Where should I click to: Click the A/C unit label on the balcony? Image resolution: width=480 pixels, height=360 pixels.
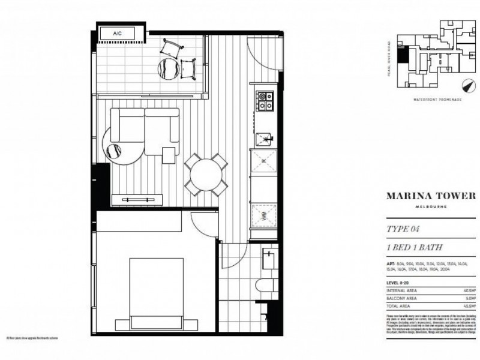[116, 34]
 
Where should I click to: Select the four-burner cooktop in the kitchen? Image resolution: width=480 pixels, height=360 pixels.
[265, 101]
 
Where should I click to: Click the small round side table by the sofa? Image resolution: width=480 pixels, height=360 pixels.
[114, 152]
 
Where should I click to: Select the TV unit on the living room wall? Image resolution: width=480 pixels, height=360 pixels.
[138, 199]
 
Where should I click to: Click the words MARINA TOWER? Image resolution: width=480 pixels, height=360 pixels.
[430, 196]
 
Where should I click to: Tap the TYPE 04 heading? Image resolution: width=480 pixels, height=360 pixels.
[404, 229]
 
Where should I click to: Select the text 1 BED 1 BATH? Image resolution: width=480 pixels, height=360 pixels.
[413, 248]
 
